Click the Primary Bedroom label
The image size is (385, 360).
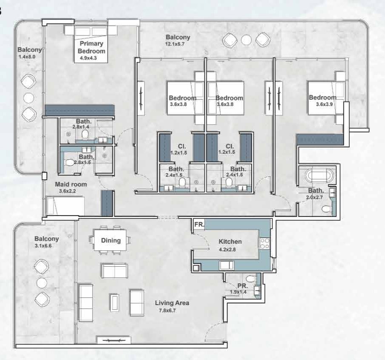pyautogui.click(x=92, y=47)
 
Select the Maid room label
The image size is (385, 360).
pyautogui.click(x=71, y=184)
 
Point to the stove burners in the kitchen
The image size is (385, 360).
pyautogui.click(x=264, y=243)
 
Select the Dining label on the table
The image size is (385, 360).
pyautogui.click(x=111, y=240)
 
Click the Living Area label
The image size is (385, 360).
pyautogui.click(x=172, y=303)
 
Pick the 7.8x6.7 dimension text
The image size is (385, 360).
pyautogui.click(x=167, y=311)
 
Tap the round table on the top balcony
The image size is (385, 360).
pyautogui.click(x=246, y=40)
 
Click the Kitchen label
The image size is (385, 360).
pyautogui.click(x=230, y=241)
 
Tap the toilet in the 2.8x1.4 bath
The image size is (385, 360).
pyautogui.click(x=85, y=135)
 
